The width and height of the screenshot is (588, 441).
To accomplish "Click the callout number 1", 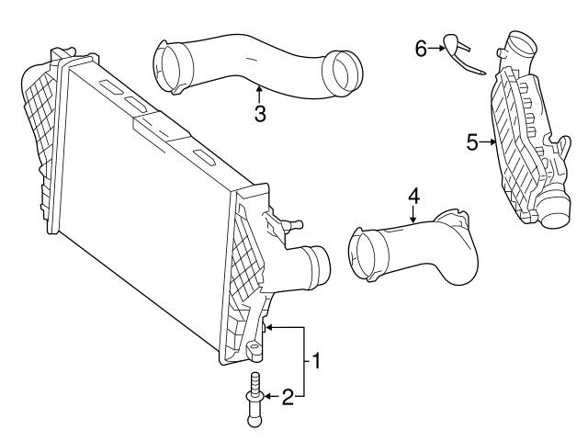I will point(315,361).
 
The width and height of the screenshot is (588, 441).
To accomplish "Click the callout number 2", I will point(288,397).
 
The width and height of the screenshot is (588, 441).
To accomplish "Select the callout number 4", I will point(413,195).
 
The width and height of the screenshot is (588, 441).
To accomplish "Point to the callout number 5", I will point(472,142).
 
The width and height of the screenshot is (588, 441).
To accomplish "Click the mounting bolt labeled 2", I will point(254,398).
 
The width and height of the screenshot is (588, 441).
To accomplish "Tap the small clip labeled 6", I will point(457,53).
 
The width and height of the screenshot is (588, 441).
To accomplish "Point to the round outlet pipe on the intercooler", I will point(318,267).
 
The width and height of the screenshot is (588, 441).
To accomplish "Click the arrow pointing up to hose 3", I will point(260,93).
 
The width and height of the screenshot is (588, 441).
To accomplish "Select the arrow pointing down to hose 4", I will point(413,215).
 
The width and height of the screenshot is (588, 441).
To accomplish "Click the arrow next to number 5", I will point(489,142).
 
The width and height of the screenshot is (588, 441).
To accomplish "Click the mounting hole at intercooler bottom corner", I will point(251,349).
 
